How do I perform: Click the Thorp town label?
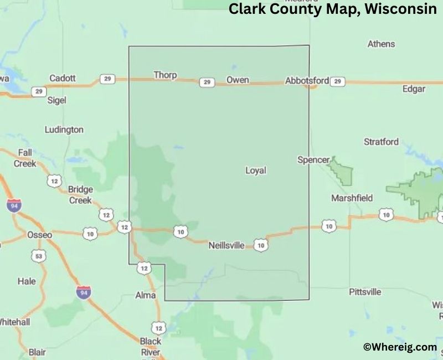point(165,75)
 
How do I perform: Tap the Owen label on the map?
point(238,80)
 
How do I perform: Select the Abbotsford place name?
point(307,81)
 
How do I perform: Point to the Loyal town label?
point(256,171)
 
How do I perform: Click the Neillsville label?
point(226,245)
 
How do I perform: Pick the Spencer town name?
point(313,160)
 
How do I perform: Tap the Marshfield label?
point(352,198)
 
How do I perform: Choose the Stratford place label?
point(381,142)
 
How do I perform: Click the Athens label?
point(381,44)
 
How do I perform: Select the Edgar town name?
point(414,89)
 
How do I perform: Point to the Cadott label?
point(63,78)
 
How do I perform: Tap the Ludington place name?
point(64,130)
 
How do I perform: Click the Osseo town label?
point(39,235)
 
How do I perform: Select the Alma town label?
point(146,295)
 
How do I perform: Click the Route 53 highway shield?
point(38,256)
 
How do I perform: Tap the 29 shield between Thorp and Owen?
point(207,82)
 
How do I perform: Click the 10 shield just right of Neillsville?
point(261,244)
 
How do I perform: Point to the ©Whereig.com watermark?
point(400,347)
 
